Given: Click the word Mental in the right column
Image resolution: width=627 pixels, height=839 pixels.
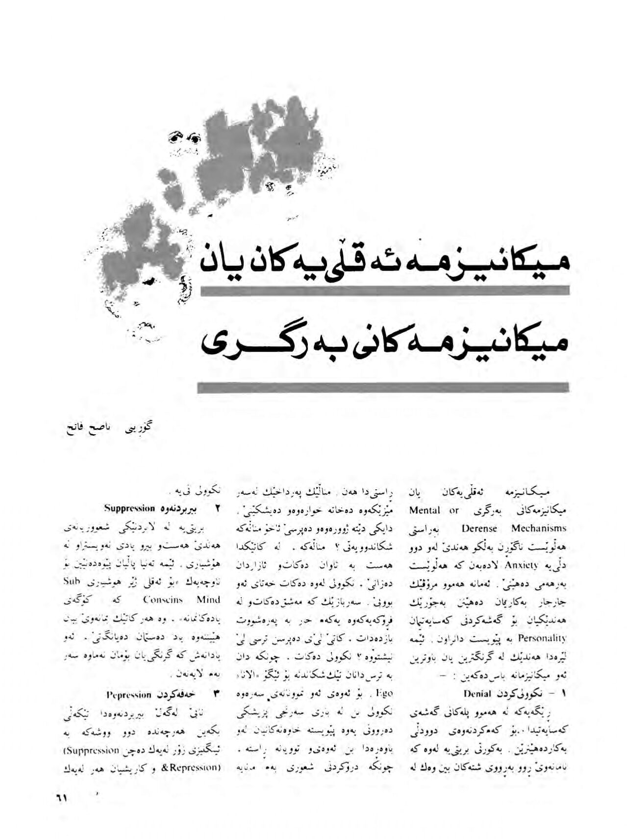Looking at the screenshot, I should coord(425,510).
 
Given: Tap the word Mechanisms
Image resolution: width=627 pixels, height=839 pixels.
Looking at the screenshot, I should coord(539,528).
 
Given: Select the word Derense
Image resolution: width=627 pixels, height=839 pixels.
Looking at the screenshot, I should coord(479,528).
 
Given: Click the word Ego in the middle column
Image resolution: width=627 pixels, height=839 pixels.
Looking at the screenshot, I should coord(384,693).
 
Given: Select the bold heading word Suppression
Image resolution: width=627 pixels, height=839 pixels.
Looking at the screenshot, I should coord(130,508).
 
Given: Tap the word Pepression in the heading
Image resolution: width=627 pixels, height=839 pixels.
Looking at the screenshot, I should coord(129,694).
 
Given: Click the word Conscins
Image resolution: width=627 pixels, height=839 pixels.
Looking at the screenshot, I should coord(163,600).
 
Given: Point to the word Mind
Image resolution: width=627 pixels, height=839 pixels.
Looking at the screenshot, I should coord(208,600).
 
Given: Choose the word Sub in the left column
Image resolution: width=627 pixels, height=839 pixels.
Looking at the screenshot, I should coord(74,582).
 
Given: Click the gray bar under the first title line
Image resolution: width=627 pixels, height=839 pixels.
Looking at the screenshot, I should coord(385,290).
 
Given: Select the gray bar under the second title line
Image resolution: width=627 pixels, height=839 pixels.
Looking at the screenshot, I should coord(383,388).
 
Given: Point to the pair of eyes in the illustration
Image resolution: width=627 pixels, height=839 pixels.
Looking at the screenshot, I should coord(184,137).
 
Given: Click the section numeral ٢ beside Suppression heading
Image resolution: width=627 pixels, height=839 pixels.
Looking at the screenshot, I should coord(216,508).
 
